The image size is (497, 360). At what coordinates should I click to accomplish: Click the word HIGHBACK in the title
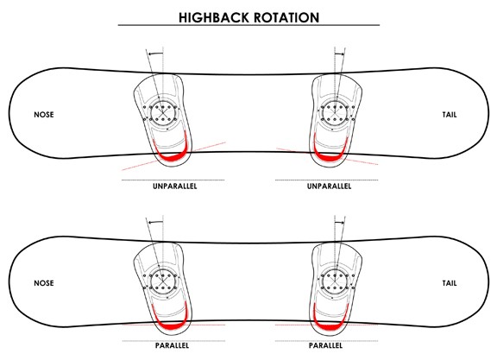(214, 17)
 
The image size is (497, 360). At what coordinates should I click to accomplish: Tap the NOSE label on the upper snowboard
(44, 115)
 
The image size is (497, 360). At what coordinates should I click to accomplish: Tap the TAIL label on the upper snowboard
(450, 115)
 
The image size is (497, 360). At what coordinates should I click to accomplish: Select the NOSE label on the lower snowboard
(44, 283)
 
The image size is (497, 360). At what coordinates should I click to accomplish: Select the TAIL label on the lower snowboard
(450, 283)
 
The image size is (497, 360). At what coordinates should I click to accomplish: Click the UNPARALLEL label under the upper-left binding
(174, 186)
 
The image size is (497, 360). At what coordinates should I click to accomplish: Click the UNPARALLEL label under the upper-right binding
(329, 186)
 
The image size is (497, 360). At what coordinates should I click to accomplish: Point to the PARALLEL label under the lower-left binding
(172, 345)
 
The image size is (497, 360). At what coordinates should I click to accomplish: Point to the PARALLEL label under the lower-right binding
(326, 345)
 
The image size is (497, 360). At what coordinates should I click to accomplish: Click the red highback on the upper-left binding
(173, 158)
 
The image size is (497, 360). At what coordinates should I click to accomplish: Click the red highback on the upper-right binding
(330, 156)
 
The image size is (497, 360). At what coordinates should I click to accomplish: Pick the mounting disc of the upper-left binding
(163, 112)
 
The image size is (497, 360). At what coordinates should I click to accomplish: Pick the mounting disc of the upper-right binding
(335, 112)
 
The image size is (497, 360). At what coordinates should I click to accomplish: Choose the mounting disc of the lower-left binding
(163, 281)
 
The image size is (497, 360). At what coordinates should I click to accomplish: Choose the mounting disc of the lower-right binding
(335, 281)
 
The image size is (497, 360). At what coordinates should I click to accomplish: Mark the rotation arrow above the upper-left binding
(155, 54)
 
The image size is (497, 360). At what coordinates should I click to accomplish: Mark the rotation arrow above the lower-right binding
(339, 223)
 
